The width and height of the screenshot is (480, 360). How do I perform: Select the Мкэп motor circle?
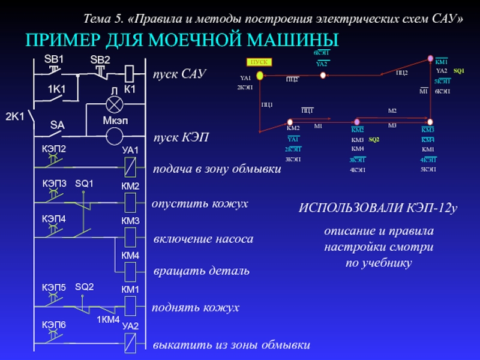pos(114,136)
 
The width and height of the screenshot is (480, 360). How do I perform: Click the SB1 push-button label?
pos(54,59)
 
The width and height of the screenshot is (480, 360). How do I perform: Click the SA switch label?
pos(57,125)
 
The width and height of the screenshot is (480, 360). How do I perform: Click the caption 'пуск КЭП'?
pos(181,138)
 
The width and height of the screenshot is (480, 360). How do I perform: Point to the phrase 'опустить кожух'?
pos(200,204)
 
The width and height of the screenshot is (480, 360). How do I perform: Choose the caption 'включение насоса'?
pos(203,239)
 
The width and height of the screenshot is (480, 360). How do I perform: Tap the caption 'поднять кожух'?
pos(196,308)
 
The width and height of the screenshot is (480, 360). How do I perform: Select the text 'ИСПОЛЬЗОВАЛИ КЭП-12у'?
pos(378,208)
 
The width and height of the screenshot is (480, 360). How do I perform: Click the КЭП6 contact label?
pos(53,325)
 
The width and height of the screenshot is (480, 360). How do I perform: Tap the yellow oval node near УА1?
pos(260,76)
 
